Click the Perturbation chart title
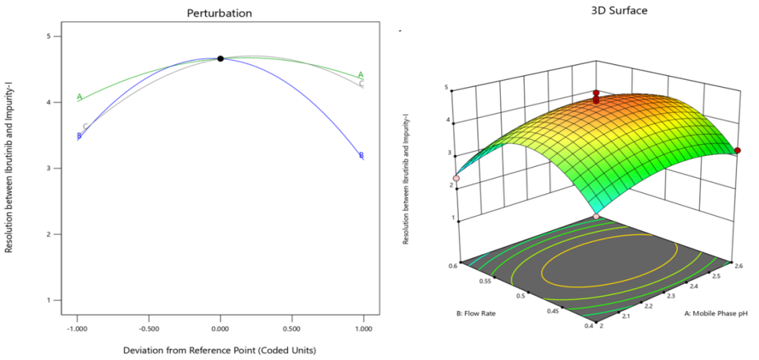(219, 13)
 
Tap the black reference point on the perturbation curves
(220, 59)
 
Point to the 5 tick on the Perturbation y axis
(48, 36)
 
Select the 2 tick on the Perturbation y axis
(48, 234)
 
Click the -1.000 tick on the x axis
(77, 329)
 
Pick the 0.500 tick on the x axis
(292, 329)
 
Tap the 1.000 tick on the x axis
(364, 329)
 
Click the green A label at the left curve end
(79, 97)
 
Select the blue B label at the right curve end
(361, 155)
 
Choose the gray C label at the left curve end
(86, 127)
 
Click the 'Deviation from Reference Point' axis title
(220, 350)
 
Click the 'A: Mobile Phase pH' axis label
(708, 313)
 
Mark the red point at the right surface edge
(738, 151)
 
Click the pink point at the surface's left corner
(456, 178)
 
